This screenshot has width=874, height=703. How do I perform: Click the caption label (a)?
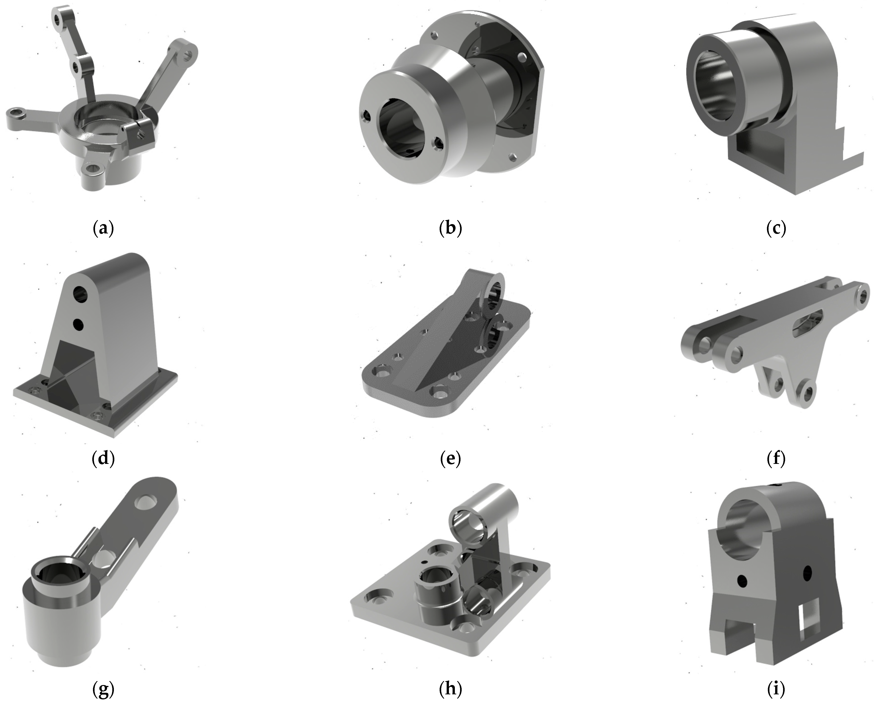(x=103, y=228)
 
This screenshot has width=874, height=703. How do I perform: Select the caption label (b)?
(x=450, y=228)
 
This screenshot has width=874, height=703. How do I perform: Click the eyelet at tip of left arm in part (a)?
(x=16, y=112)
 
